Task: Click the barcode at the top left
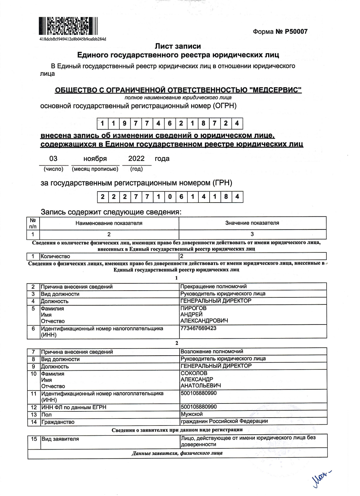68,26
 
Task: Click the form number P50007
280,32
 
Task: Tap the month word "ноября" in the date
95,159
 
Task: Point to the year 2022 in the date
136,158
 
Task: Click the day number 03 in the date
53,159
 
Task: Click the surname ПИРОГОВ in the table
193,308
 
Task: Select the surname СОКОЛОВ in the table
194,373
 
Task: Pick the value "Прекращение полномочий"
214,286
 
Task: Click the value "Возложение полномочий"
212,351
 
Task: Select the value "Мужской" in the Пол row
192,414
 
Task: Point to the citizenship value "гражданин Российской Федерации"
224,421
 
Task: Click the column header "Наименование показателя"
109,223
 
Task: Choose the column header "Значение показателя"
252,223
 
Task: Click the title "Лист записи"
178,46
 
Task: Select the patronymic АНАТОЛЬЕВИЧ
201,386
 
